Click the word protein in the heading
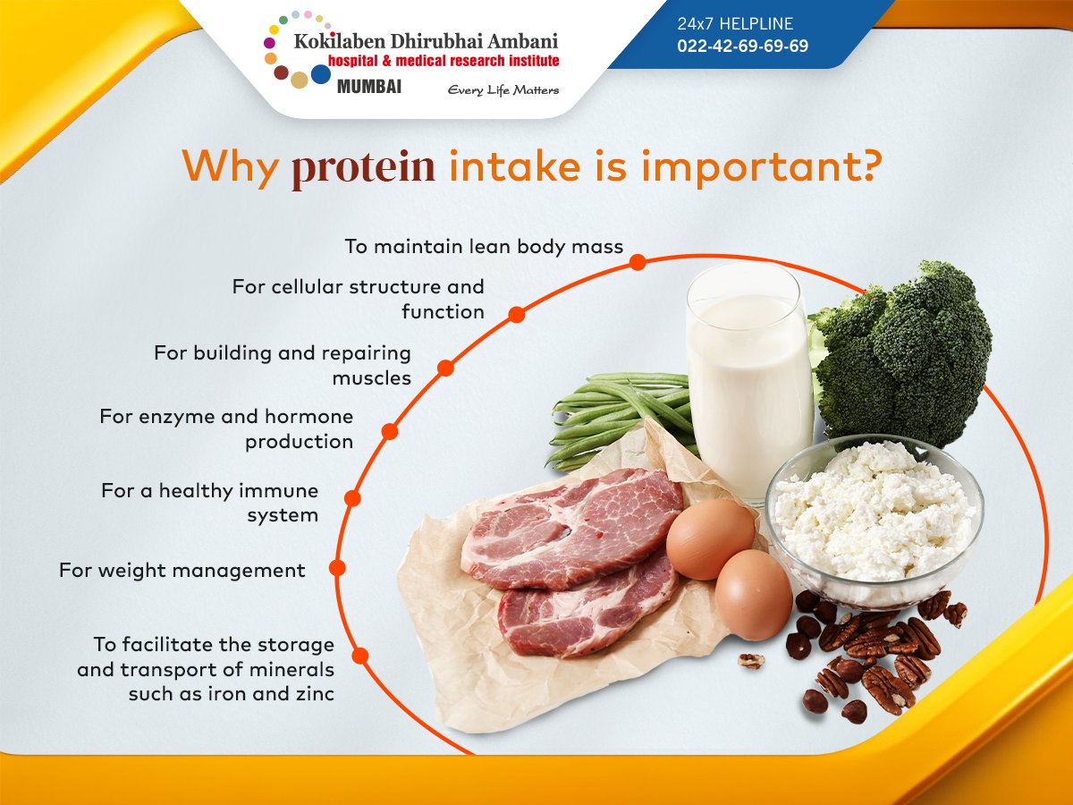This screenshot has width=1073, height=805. tap(363, 168)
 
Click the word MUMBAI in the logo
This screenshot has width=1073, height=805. tap(369, 88)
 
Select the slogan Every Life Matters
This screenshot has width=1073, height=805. tap(503, 90)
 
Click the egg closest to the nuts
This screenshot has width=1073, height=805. tap(753, 595)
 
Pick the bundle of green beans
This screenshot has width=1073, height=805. tap(617, 416)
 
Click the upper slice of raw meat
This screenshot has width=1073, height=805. tap(572, 528)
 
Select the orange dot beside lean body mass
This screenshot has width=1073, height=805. tap(638, 262)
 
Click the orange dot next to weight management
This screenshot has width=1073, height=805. tap(337, 567)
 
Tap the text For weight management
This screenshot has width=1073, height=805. tap(182, 571)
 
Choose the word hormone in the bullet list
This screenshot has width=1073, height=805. tap(309, 417)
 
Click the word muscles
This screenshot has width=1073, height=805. tap(371, 378)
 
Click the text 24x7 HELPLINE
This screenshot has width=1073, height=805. tap(735, 24)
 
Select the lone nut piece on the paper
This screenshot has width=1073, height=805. tap(751, 661)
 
